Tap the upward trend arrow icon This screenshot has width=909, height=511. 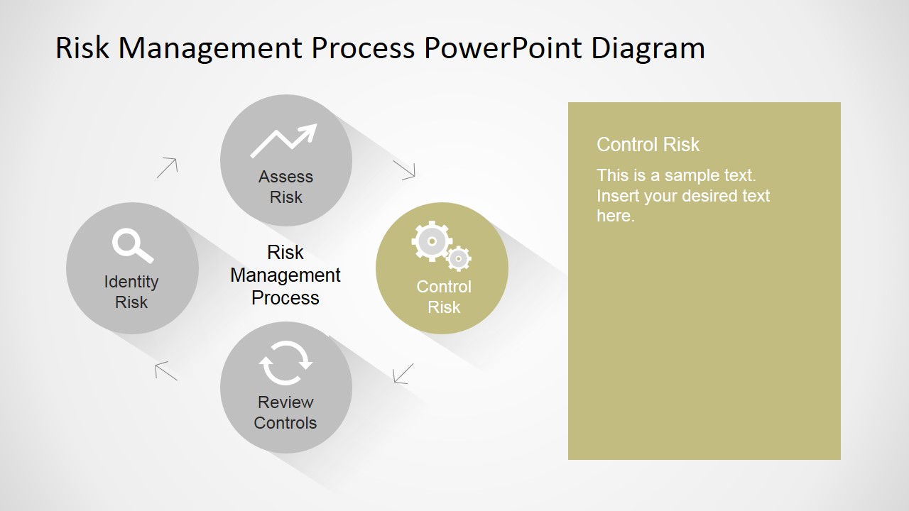283,141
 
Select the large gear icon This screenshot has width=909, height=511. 432,241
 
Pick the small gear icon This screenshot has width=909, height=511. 459,258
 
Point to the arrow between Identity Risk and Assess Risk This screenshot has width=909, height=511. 167,167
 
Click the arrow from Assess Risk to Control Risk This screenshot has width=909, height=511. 404,170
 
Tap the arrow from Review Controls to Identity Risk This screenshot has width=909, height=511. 166,371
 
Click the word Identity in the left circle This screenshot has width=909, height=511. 131,282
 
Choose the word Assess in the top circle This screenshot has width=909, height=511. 285,177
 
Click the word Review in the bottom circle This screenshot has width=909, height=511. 285,402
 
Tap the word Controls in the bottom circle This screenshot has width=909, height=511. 285,423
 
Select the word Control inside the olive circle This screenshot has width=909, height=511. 444,287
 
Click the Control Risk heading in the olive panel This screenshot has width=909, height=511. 648,144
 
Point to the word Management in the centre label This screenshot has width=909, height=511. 285,275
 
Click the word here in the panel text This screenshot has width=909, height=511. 616,216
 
